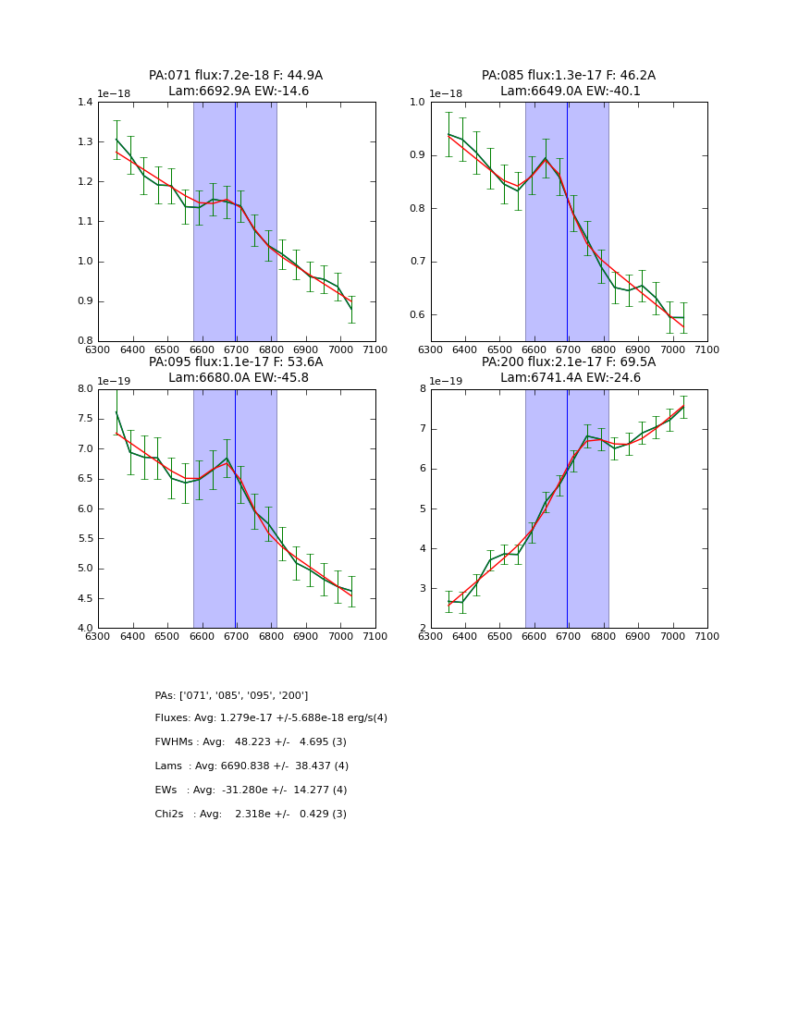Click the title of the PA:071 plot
(236, 83)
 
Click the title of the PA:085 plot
(569, 83)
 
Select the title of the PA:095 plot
(236, 370)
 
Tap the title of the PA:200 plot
(569, 370)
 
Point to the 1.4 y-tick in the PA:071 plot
(84, 103)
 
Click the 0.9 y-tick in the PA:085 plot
(417, 155)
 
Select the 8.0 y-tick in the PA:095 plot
(84, 389)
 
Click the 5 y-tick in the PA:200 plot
(422, 508)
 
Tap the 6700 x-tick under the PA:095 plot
(236, 636)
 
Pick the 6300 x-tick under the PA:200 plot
(431, 636)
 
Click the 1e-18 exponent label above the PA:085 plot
(448, 93)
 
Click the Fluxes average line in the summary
(271, 718)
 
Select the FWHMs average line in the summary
(251, 742)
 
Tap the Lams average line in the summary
(252, 766)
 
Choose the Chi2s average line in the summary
(251, 815)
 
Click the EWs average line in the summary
(251, 790)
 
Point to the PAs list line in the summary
(231, 695)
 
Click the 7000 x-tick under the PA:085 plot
(672, 349)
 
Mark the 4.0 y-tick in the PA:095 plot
(84, 629)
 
